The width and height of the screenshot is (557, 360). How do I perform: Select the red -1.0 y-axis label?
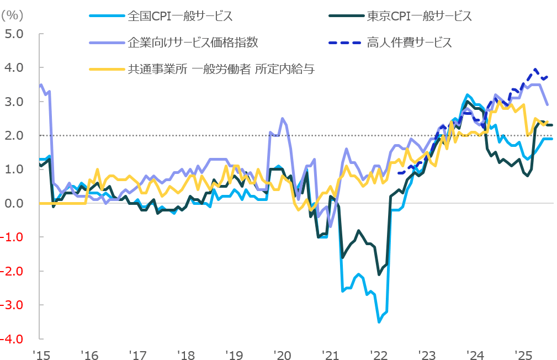tap(12, 237)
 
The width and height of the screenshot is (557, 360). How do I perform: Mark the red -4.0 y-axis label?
tap(12, 338)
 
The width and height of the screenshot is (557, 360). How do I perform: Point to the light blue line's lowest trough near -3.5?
tap(379, 321)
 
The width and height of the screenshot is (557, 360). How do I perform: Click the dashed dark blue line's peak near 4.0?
tap(535, 70)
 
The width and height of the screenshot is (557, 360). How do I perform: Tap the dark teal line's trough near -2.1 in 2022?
tap(379, 274)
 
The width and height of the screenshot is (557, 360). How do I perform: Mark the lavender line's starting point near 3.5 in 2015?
tap(41, 85)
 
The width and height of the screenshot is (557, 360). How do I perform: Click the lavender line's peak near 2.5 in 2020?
tap(283, 118)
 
